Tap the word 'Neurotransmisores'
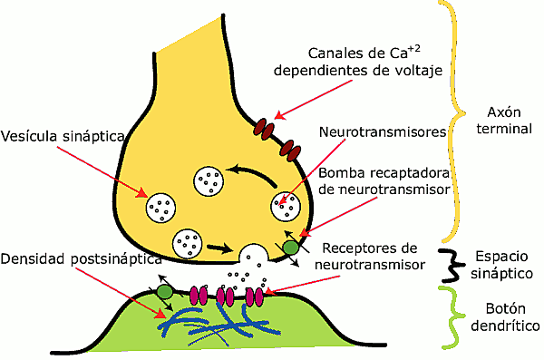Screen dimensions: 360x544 pos(383,131)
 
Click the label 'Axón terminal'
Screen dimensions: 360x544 pos(494,122)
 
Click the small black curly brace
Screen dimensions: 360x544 pos(446,264)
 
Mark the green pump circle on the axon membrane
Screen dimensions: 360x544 pos(290,246)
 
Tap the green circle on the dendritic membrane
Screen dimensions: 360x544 pos(165,292)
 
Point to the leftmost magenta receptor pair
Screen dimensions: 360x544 pos(197,295)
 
